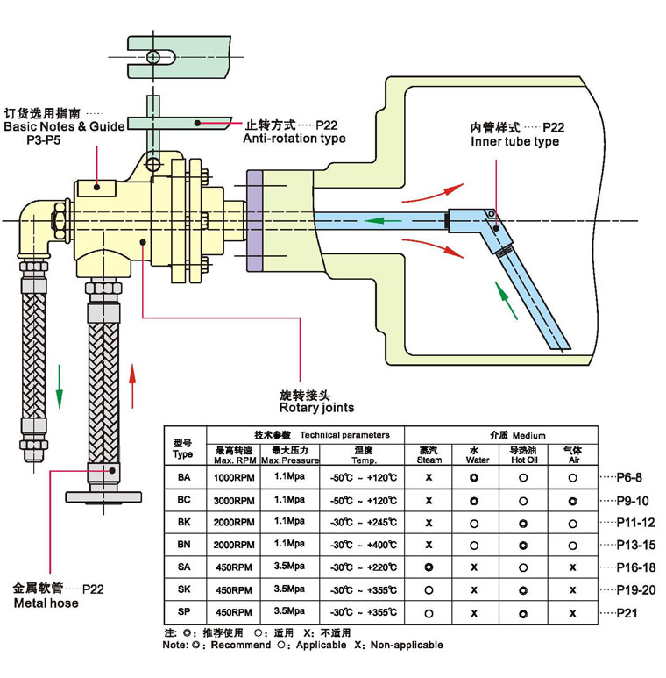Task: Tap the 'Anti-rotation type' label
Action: point(294,138)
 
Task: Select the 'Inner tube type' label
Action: point(514,141)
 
